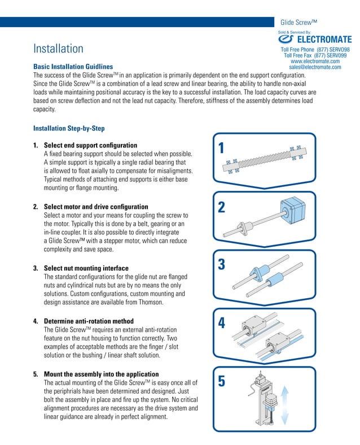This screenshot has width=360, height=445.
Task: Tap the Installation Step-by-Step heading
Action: (x=69, y=128)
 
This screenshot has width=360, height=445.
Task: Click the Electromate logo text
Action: (x=323, y=40)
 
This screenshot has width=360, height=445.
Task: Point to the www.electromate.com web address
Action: (x=315, y=61)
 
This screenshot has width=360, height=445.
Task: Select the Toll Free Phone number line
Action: (x=315, y=50)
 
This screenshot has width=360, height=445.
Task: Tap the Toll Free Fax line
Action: (x=315, y=55)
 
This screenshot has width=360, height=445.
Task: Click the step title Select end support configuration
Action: (x=90, y=146)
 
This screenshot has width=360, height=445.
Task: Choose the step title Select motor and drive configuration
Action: (x=96, y=207)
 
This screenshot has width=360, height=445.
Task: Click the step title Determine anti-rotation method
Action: (x=89, y=321)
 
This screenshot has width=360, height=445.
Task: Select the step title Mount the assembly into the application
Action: (x=101, y=374)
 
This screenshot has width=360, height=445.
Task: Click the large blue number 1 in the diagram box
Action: (x=221, y=149)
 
